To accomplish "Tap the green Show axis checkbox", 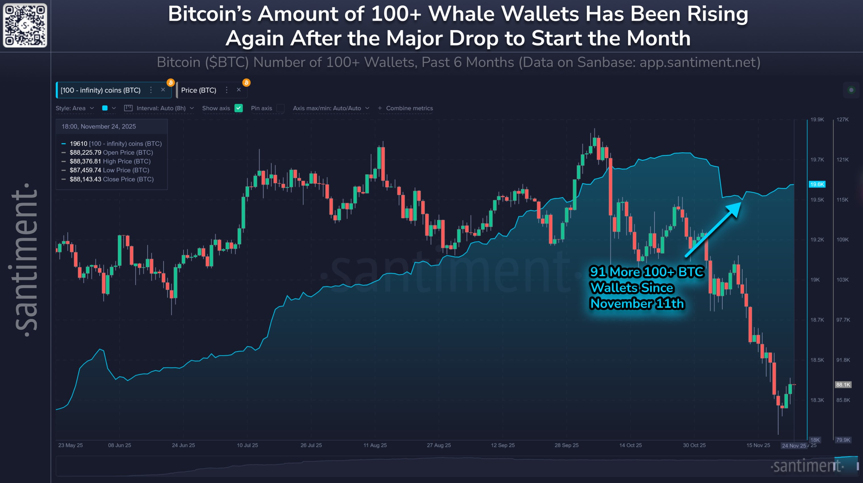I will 239,108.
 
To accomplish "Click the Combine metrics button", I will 406,108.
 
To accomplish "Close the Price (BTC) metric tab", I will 239,90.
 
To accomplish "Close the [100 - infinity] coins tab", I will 163,90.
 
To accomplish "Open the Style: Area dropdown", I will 74,108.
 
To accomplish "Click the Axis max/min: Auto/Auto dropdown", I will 331,108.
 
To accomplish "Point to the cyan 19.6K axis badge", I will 817,184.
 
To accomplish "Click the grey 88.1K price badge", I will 843,385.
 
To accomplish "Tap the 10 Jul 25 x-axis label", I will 247,445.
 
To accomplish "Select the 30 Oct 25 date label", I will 694,445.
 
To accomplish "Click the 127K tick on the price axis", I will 842,119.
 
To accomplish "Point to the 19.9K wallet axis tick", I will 817,119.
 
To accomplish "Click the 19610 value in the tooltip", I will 78,144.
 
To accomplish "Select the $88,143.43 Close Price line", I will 112,179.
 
